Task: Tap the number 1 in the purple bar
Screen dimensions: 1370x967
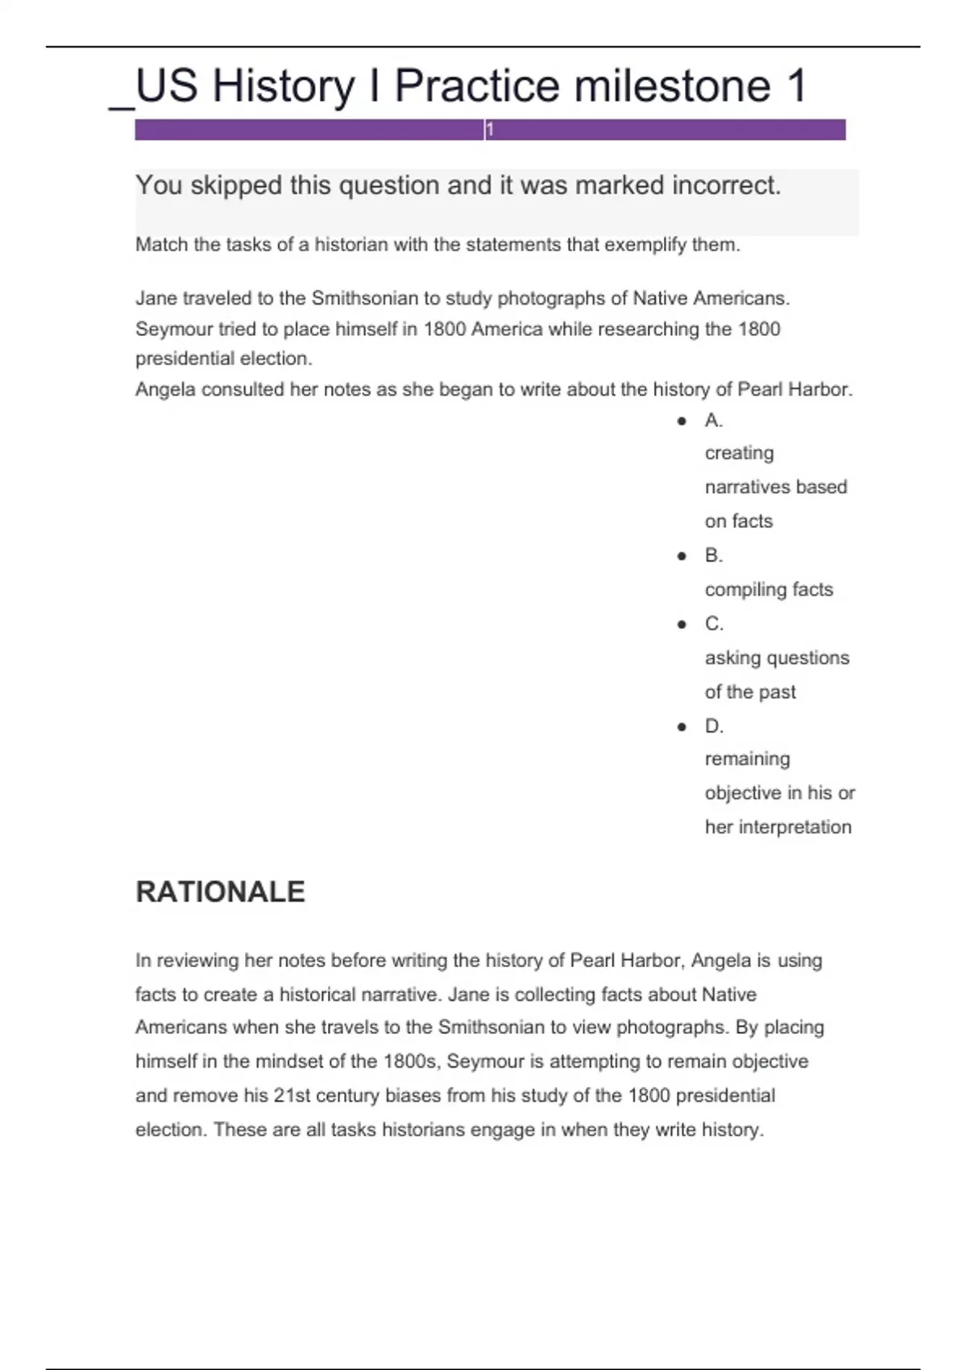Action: pos(489,130)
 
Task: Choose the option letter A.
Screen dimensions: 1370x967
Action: pos(713,420)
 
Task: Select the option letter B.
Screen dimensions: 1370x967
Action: pos(713,555)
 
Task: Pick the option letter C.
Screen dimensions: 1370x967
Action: pos(714,624)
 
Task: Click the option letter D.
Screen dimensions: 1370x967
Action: pos(714,726)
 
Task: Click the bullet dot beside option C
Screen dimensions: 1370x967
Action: pos(683,625)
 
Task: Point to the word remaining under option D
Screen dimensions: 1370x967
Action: pos(747,759)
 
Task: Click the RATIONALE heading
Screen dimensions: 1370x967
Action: pos(220,891)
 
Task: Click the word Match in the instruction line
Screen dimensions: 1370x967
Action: pos(161,244)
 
